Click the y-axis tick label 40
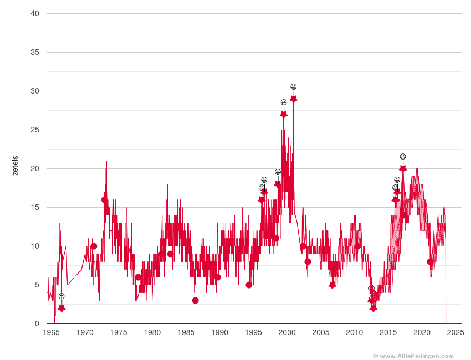click(34, 13)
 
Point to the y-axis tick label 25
click(34, 130)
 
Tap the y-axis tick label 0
click(37, 323)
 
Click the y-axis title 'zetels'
click(15, 166)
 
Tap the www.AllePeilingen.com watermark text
click(413, 356)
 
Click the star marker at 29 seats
click(294, 99)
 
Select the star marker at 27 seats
click(284, 114)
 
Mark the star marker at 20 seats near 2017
click(403, 168)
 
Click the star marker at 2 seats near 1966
click(62, 308)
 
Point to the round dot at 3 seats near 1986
click(195, 300)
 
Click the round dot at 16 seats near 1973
click(105, 199)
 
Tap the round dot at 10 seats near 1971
click(94, 246)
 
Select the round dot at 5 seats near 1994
click(249, 285)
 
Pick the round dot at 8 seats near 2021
click(430, 261)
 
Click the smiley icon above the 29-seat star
click(294, 86)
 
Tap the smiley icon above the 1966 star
click(62, 296)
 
